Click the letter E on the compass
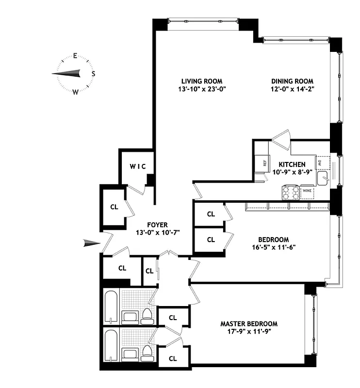tap(76, 55)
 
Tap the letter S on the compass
tap(93, 74)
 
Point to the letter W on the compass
tap(76, 92)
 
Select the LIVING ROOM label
tap(202, 81)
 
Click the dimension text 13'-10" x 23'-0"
tap(202, 89)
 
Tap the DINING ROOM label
tap(292, 81)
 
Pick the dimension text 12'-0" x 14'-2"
tap(292, 89)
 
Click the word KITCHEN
tap(292, 164)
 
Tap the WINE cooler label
tap(307, 191)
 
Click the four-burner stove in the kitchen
tap(291, 193)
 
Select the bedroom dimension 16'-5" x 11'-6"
tap(273, 247)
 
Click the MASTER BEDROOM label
tap(249, 323)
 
